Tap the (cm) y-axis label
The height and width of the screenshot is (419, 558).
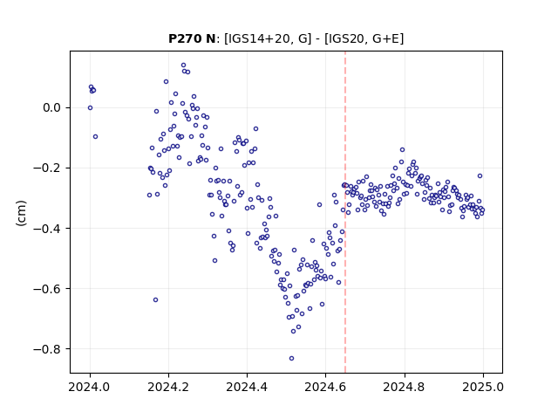pos(21,213)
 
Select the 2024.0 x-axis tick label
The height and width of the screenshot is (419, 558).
pos(90,387)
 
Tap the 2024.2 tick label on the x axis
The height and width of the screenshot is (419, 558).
pos(168,387)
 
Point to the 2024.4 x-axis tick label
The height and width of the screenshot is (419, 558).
pos(247,387)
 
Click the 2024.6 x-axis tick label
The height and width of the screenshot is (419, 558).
pos(325,387)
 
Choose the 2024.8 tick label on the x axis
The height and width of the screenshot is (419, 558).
pos(405,387)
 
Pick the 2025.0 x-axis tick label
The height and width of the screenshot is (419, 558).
pos(483,387)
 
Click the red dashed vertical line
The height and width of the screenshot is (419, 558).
pos(345,212)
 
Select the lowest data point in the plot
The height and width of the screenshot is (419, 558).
pos(291,358)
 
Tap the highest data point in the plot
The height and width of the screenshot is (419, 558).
pos(183,65)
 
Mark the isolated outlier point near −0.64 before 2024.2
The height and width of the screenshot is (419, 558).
pos(155,299)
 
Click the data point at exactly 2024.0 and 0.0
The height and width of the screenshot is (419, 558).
pos(90,107)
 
